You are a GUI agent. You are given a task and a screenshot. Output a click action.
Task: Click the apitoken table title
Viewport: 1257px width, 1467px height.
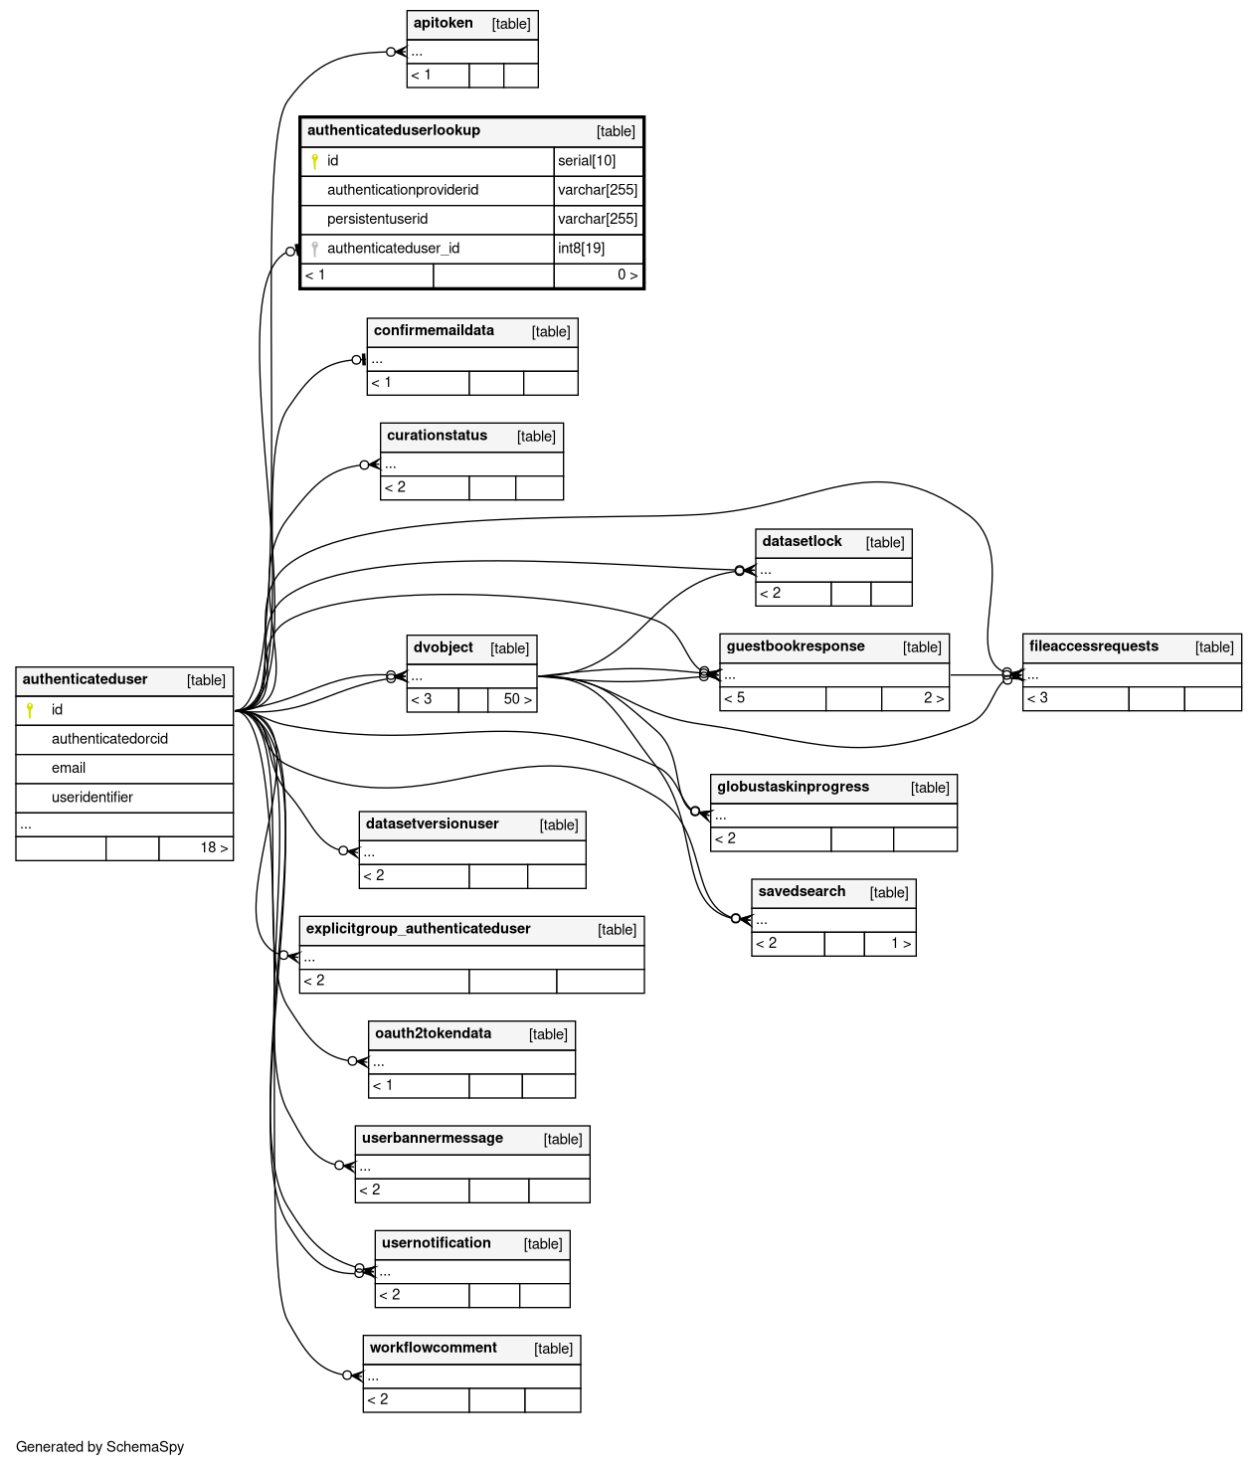click(444, 24)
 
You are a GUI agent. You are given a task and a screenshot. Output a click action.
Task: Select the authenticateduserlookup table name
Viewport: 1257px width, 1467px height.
click(394, 131)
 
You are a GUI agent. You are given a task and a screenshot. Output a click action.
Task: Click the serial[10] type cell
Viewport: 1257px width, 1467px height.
click(587, 161)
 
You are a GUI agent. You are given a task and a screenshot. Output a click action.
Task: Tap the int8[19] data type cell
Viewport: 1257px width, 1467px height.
click(582, 249)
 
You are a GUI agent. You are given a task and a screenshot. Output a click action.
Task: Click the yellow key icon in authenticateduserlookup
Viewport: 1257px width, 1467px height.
click(314, 161)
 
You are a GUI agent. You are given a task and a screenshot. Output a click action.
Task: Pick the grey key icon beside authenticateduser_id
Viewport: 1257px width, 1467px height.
click(314, 249)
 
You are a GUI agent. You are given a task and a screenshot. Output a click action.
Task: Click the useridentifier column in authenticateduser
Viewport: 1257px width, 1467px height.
click(92, 798)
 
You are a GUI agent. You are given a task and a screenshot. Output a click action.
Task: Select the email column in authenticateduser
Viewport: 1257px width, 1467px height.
click(69, 769)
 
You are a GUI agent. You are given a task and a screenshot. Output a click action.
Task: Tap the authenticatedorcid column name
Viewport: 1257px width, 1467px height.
click(109, 739)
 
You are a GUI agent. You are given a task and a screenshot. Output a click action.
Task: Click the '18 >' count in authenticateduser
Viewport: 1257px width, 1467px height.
click(214, 848)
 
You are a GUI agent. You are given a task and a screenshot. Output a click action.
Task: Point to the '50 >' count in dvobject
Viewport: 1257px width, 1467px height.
click(517, 699)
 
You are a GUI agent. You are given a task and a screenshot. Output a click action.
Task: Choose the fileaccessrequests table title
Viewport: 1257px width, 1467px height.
click(1094, 646)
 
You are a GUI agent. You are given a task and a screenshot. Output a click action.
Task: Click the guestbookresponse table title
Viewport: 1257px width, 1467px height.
click(796, 646)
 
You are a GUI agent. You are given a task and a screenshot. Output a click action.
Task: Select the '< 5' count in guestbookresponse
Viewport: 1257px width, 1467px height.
click(735, 698)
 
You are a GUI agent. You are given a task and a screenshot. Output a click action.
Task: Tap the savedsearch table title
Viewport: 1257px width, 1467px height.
click(802, 892)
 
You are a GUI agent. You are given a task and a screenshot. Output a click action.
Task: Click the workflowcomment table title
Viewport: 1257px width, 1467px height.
click(434, 1349)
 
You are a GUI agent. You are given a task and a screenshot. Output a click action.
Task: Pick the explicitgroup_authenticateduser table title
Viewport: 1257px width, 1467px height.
click(419, 929)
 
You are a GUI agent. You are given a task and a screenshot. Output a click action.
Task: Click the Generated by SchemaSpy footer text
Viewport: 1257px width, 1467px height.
click(100, 1447)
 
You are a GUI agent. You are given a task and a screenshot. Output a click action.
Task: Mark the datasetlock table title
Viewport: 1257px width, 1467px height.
click(802, 542)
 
